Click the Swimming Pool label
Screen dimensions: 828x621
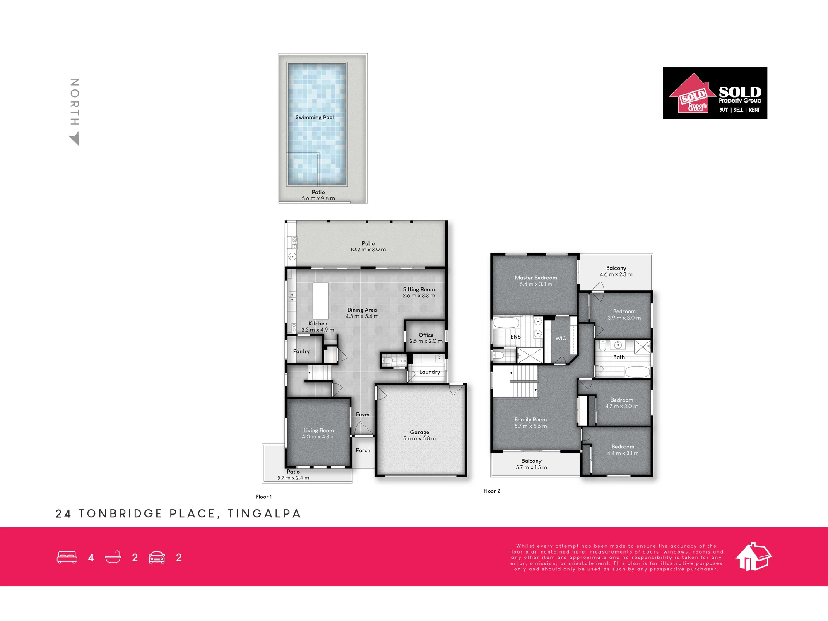click(x=315, y=118)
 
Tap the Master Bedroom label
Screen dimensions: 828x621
click(x=536, y=278)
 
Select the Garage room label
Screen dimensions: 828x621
click(x=420, y=432)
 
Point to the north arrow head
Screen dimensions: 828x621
click(x=75, y=139)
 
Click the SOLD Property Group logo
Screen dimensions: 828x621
click(x=715, y=93)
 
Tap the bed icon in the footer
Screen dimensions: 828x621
click(x=67, y=557)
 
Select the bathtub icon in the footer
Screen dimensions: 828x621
click(x=113, y=557)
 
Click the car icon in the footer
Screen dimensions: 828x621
click(x=157, y=558)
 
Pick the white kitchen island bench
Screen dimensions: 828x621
click(x=320, y=301)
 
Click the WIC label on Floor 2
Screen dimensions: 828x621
click(x=561, y=339)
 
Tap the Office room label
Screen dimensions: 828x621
click(x=426, y=335)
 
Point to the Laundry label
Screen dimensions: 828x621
click(x=430, y=372)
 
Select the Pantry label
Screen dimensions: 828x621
click(x=301, y=351)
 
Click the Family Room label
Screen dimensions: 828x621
click(x=531, y=420)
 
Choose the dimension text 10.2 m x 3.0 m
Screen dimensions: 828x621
click(x=368, y=250)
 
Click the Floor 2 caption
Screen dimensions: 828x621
click(x=492, y=491)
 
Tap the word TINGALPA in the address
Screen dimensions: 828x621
click(x=264, y=514)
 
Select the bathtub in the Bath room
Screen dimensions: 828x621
click(x=637, y=371)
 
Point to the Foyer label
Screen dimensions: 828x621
click(x=363, y=414)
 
